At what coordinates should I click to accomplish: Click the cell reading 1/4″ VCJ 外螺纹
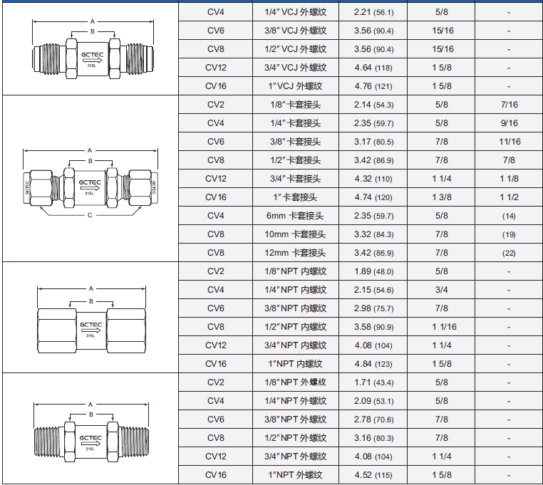point(296,12)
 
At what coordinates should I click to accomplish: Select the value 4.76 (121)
point(373,86)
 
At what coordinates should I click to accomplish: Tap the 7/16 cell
point(509,105)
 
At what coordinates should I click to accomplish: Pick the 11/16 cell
point(510,142)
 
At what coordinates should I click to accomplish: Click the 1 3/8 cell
point(442,197)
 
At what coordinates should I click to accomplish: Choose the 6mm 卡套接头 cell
point(295,216)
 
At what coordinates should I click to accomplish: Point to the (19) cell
point(509,235)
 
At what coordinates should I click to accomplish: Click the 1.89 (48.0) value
point(373,271)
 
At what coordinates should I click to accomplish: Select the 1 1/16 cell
point(444,327)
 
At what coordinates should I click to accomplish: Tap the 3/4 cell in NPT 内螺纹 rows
point(442,290)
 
